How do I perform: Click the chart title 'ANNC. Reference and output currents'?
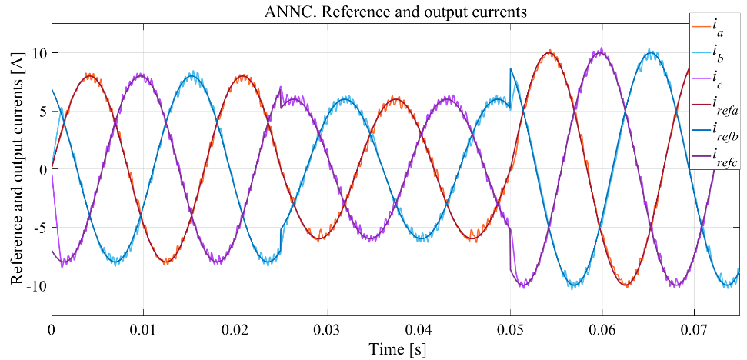[397, 12]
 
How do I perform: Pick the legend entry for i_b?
[718, 54]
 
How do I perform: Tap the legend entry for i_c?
[718, 80]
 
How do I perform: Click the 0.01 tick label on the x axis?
[143, 328]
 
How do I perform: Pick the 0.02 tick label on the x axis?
[235, 328]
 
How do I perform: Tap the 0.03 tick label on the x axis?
[327, 328]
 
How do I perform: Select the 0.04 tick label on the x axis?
[419, 328]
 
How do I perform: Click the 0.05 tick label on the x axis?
[510, 328]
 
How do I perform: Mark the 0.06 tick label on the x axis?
[602, 328]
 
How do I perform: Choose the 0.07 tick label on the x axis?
[694, 328]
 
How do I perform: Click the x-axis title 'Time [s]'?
[397, 348]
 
